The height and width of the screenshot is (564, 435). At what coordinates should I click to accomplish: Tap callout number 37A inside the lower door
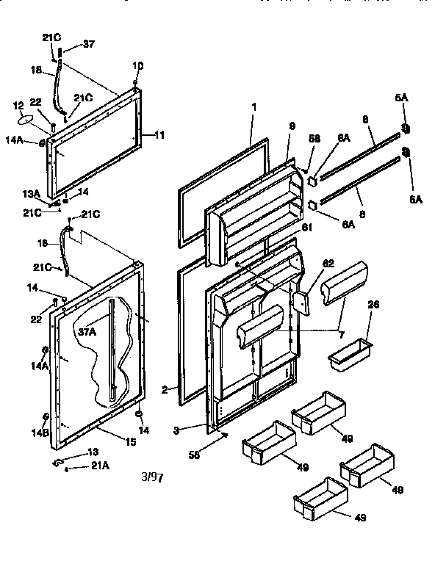[87, 332]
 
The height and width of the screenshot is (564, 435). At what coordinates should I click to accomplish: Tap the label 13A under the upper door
[31, 194]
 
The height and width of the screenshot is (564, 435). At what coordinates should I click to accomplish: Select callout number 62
[328, 263]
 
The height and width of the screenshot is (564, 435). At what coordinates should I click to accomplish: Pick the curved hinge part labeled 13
[58, 463]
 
